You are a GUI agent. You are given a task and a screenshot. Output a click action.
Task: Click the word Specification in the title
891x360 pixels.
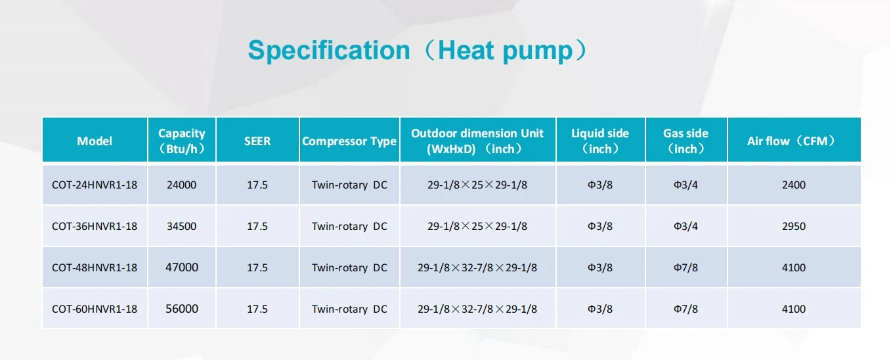(328, 51)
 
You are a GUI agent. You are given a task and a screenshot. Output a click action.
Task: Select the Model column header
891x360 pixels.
(95, 141)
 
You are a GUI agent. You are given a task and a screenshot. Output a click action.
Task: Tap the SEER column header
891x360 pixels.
(257, 141)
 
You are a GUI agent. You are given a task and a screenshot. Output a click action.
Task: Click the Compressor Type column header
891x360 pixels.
(349, 141)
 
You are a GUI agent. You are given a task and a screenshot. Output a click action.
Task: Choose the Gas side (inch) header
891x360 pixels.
(685, 141)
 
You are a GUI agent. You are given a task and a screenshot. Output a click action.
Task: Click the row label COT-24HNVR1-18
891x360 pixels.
(95, 185)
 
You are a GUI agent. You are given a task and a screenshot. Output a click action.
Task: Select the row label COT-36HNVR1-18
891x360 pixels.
(95, 227)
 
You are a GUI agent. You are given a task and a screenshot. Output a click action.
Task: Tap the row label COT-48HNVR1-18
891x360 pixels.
(95, 268)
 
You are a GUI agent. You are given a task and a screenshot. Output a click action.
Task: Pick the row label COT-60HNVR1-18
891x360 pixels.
(95, 309)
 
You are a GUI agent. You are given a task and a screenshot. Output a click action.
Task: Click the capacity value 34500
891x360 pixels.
(182, 227)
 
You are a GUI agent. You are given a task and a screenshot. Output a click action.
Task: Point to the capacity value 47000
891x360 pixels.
(182, 268)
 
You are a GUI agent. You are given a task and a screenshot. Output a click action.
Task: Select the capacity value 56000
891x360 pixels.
(182, 309)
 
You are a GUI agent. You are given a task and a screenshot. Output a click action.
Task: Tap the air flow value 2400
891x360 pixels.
(793, 185)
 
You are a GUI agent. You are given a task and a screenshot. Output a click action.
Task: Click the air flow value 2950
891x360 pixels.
(793, 227)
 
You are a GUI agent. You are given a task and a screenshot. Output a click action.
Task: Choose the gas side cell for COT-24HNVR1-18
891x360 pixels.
(685, 185)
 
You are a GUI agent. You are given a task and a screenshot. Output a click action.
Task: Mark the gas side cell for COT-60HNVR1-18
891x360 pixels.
(685, 309)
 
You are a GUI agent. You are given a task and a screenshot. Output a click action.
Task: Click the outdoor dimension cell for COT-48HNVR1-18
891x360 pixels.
(477, 268)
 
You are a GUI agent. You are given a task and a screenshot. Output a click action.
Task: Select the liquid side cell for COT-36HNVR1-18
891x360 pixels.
(600, 227)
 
